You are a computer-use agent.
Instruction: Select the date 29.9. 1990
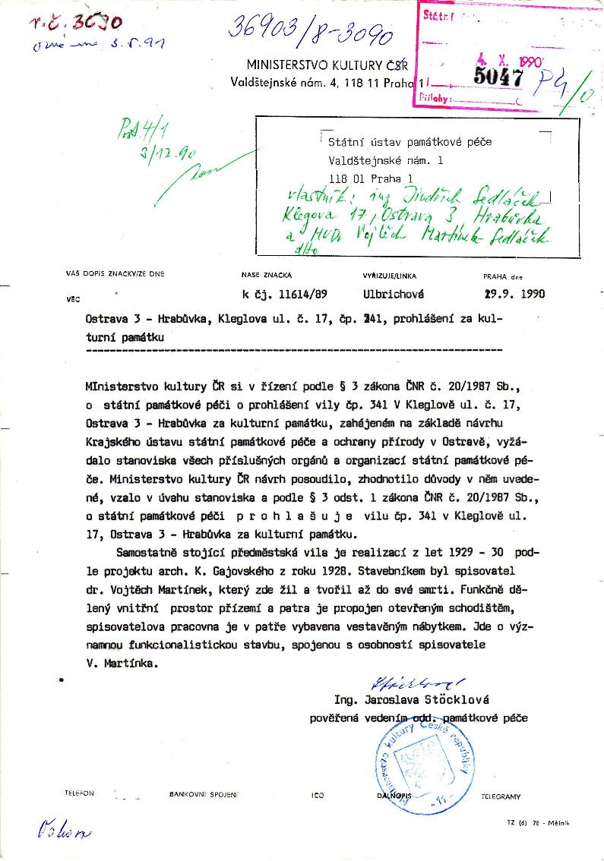point(514,294)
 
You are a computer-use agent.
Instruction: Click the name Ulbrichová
point(394,294)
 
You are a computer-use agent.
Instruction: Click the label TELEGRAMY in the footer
point(501,796)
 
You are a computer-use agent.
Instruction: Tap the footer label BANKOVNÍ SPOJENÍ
point(204,794)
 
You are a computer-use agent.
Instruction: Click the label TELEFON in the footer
point(80,793)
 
